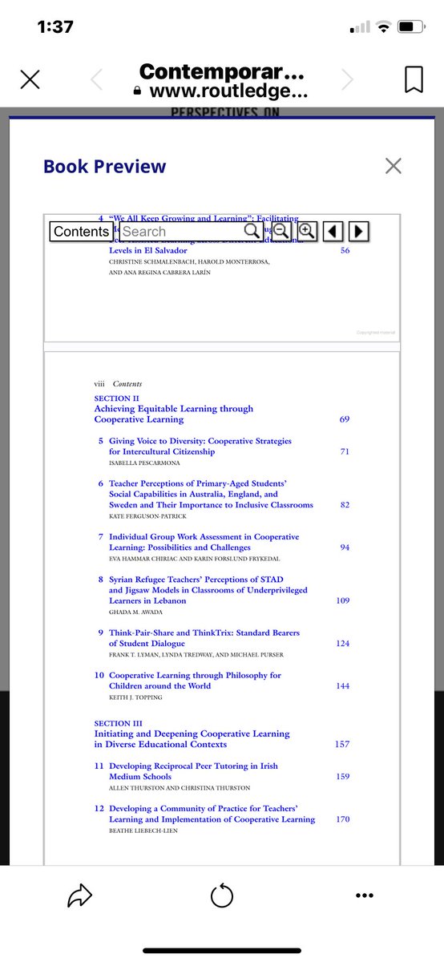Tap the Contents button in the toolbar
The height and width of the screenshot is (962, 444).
[81, 232]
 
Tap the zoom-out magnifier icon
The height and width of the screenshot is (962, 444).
[281, 232]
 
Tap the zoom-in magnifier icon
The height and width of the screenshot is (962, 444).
[307, 232]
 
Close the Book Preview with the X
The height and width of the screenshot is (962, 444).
[393, 166]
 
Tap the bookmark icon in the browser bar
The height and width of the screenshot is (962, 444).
[414, 79]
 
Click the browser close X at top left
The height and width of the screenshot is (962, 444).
[30, 79]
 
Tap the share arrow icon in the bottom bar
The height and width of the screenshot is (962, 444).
[79, 895]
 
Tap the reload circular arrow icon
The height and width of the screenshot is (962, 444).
[222, 895]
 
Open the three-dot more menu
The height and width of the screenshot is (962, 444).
[365, 895]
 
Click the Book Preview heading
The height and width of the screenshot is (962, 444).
[105, 167]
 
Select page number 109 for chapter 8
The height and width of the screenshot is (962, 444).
[342, 600]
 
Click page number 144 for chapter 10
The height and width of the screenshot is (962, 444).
[342, 686]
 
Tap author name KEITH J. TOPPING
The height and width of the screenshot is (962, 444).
[135, 697]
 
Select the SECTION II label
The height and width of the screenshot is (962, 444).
[116, 398]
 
